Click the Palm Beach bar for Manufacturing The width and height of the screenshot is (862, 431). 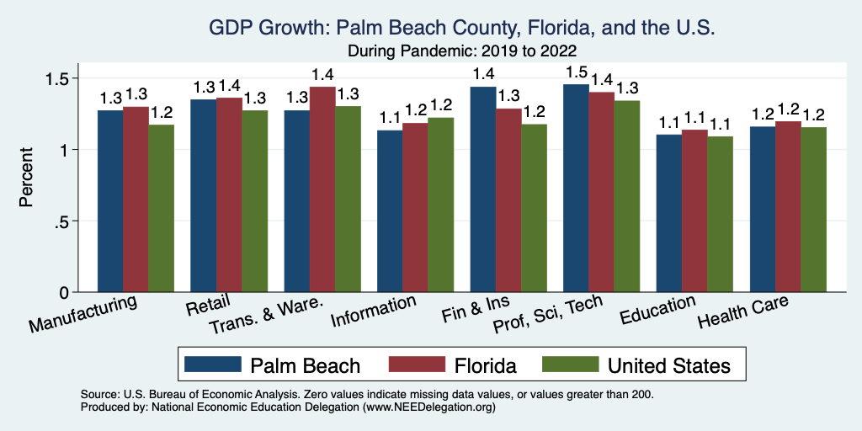pos(110,201)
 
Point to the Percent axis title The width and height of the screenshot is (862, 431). pos(26,178)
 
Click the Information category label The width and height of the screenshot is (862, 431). pos(374,311)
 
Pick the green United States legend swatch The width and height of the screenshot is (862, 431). pos(568,364)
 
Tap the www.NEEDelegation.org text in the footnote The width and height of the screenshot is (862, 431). pos(427,407)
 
